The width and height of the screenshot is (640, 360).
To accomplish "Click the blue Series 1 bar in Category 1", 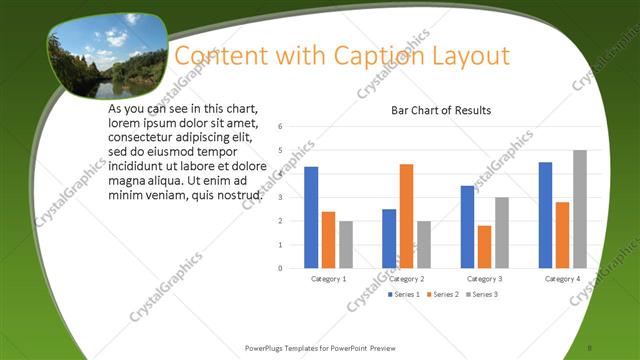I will (x=311, y=217).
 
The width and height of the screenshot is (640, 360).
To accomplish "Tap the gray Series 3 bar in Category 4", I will (x=579, y=209).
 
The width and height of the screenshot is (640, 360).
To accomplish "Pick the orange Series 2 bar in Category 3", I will (x=484, y=246).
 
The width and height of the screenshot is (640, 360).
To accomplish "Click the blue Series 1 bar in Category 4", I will (x=545, y=215).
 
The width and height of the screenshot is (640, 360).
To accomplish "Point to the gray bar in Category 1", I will (x=346, y=244).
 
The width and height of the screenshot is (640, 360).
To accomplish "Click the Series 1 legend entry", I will (x=403, y=294).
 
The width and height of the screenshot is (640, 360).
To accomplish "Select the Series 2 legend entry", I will (x=442, y=294).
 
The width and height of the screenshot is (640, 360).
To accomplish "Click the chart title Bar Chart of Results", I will (x=440, y=110).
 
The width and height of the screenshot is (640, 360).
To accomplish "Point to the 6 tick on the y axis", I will (x=281, y=127).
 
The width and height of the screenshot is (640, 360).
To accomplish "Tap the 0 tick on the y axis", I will (x=281, y=268).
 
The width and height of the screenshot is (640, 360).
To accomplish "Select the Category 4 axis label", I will (x=562, y=278).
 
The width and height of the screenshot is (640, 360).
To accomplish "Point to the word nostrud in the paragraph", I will (x=239, y=195).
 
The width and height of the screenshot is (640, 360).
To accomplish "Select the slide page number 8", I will (x=591, y=347).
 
